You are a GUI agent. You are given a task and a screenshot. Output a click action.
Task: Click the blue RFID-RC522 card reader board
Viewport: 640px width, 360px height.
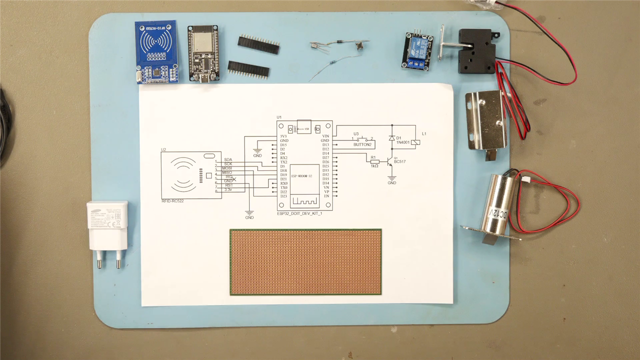pos(156,51)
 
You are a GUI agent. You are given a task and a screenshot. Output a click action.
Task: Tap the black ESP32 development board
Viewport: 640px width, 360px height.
pos(202,53)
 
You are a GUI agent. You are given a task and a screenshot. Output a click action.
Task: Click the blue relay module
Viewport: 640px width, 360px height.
pos(417,50)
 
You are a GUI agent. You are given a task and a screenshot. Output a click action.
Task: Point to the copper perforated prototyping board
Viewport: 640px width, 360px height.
pos(305,261)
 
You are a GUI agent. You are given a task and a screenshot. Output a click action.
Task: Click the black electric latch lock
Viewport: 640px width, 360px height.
pos(477,51)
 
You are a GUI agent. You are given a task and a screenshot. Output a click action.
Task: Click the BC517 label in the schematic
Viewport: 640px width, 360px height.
pos(400,161)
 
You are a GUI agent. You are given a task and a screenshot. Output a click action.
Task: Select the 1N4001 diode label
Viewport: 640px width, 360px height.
pos(403,142)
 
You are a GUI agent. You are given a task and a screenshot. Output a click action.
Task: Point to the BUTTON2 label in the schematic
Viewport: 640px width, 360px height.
pos(362,144)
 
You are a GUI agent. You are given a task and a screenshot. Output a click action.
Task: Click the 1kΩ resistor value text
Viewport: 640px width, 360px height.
pos(374,165)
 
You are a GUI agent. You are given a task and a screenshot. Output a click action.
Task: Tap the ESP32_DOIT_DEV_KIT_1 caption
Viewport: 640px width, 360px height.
pos(299,213)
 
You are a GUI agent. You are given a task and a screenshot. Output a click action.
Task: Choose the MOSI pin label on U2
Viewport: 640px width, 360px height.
pos(227,168)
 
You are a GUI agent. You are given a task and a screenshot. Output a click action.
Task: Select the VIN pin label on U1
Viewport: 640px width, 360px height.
pos(325,136)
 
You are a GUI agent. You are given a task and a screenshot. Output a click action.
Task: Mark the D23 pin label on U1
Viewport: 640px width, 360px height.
pos(283,196)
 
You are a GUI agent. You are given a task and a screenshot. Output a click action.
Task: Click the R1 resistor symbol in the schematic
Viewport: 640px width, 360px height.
pos(375,161)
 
